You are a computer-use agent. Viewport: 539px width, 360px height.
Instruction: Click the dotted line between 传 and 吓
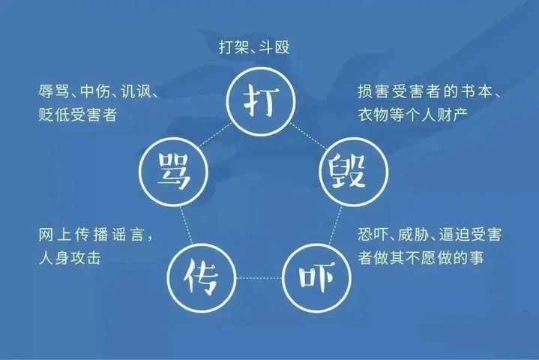259,277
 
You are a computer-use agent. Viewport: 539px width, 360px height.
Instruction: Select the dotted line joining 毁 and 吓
336,225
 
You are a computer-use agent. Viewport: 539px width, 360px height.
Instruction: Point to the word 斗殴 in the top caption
274,47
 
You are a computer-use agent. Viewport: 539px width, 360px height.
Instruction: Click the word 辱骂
53,91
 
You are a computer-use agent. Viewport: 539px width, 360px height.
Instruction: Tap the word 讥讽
136,91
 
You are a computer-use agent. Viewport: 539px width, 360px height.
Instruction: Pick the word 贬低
54,115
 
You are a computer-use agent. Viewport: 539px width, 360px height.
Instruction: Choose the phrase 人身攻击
70,258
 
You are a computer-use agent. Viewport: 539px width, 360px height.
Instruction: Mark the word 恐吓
373,235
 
